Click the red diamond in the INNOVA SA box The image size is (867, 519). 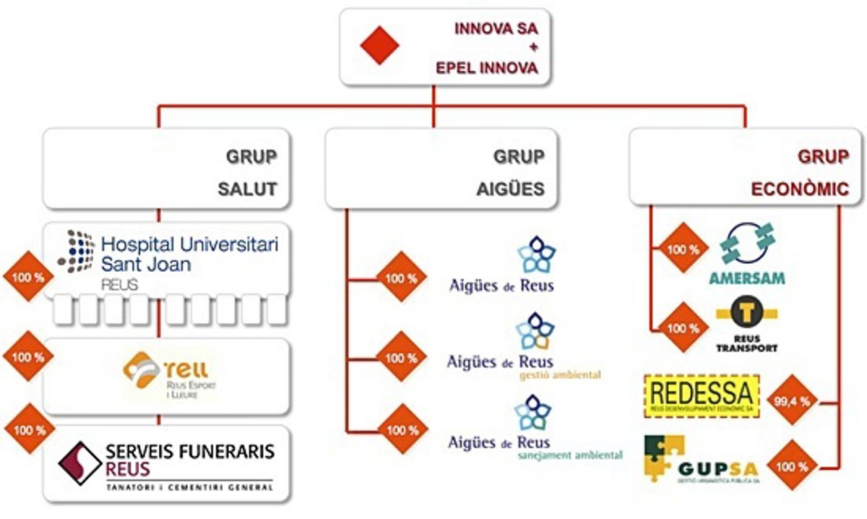pyautogui.click(x=380, y=45)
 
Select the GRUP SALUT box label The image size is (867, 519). pyautogui.click(x=247, y=173)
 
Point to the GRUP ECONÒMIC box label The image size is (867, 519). pyautogui.click(x=799, y=173)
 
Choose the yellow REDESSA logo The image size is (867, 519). pyautogui.click(x=701, y=395)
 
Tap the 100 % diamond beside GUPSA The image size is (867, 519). pyautogui.click(x=792, y=466)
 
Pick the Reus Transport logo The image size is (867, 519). pyautogui.click(x=746, y=325)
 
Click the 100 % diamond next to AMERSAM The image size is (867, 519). pyautogui.click(x=681, y=249)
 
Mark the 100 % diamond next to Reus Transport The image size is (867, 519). pyautogui.click(x=681, y=327)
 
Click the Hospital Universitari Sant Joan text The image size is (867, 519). pyautogui.click(x=189, y=254)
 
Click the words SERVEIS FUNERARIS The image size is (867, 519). pyautogui.click(x=190, y=452)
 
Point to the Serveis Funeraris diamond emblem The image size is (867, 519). pyautogui.click(x=79, y=463)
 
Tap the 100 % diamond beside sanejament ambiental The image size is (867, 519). pyautogui.click(x=402, y=429)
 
